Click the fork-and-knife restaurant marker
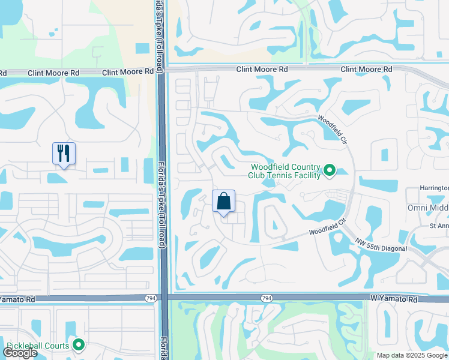click(64, 154)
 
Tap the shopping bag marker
click(223, 202)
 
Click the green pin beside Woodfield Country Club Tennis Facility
click(329, 171)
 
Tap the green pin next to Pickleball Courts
click(78, 345)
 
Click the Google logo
click(20, 353)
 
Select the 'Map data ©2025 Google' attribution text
click(412, 355)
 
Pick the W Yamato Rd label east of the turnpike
click(394, 298)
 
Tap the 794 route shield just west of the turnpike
click(150, 298)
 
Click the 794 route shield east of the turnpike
click(267, 298)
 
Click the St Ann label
click(438, 226)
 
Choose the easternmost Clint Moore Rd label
click(367, 70)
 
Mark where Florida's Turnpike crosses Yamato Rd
click(162, 298)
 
